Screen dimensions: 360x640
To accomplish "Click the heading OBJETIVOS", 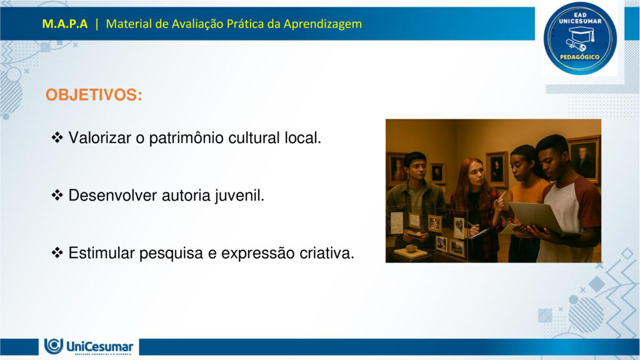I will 94,96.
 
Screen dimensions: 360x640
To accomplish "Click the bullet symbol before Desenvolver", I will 57,196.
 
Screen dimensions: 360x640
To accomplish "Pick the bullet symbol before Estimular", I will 57,253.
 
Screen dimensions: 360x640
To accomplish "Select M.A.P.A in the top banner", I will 65,24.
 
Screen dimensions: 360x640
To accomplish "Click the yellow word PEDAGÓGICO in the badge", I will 580,57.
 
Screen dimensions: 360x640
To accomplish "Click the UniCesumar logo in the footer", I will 89,346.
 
